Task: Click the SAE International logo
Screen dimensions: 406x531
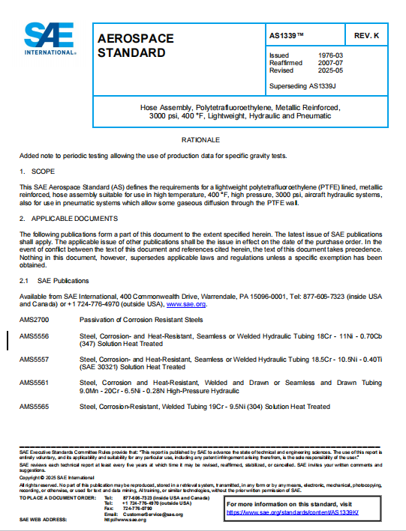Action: tap(50, 38)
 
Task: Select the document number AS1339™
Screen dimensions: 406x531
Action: tap(288, 36)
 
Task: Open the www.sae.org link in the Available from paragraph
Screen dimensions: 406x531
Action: tap(186, 304)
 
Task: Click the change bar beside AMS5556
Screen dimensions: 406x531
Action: tap(8, 340)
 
